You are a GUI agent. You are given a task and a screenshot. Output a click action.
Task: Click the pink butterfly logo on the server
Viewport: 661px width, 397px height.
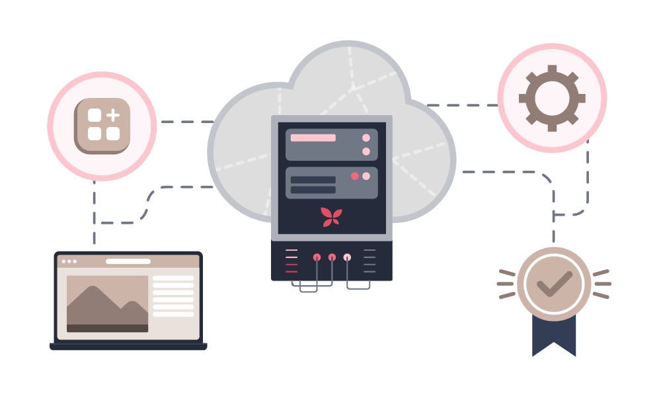[331, 216]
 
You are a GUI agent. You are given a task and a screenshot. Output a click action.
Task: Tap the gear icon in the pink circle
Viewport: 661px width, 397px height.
[552, 98]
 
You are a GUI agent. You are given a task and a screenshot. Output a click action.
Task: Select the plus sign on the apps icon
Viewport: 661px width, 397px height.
[113, 114]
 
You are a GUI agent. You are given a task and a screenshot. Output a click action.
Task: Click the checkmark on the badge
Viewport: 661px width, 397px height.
[553, 283]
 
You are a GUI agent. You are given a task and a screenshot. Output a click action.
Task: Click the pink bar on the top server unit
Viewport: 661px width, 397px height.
[313, 138]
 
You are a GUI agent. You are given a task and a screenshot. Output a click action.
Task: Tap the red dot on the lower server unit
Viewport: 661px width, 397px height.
[355, 176]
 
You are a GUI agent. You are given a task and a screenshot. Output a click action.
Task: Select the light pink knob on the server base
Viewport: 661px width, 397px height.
[347, 257]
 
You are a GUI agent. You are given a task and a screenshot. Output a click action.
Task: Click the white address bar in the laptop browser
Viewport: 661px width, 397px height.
[128, 261]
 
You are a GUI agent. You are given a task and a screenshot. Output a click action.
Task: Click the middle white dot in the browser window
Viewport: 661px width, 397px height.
[69, 261]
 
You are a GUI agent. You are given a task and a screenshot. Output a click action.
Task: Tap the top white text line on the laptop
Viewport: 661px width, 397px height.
[173, 279]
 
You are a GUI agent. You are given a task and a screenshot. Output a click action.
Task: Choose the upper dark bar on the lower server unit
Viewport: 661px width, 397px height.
[313, 179]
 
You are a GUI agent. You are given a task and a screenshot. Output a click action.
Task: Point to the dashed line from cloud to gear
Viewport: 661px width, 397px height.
[463, 105]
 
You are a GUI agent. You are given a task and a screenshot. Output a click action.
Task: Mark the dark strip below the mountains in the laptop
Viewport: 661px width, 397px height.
[107, 328]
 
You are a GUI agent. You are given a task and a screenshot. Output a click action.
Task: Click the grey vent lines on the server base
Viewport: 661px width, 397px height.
[369, 261]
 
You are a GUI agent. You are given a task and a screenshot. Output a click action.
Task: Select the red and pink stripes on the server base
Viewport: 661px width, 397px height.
[291, 261]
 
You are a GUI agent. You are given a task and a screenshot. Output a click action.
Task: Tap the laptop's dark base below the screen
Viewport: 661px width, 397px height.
[129, 345]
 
